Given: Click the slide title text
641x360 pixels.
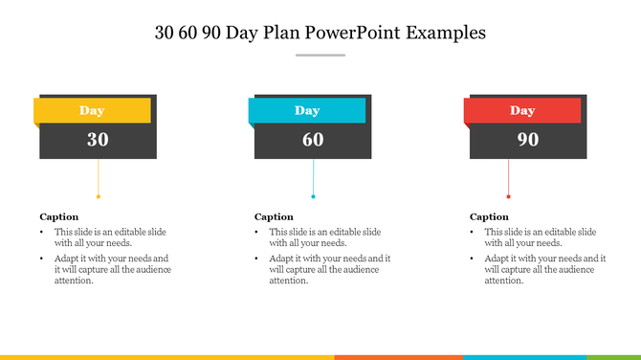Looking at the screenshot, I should pos(320,33).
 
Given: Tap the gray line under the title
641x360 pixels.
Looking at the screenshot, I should pos(320,56).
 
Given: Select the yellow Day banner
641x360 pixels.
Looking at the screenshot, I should pos(93,110).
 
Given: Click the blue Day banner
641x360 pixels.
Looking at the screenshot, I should pos(307,110).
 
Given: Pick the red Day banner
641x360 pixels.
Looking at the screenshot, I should pos(522,110).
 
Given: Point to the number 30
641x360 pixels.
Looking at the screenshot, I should pos(98,140).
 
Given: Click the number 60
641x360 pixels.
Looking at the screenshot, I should pos(313,140).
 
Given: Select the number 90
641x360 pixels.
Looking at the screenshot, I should pos(528,140).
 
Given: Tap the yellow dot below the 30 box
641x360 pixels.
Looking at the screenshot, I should pos(98,196).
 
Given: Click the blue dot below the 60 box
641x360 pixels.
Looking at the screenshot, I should pos(313,196).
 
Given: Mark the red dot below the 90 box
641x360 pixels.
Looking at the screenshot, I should pos(508,196).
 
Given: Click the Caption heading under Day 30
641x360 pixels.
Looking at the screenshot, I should pos(59,216).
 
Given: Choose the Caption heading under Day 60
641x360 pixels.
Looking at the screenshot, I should pos(274,216).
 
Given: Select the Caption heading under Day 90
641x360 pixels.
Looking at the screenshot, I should pos(489,216).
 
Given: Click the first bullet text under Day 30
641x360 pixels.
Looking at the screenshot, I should pos(110,237).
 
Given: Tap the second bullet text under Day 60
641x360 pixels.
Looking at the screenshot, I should pos(328,269).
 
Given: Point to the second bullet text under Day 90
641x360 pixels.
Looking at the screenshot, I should pos(543,269).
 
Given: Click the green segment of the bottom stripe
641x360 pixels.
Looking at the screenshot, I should pos(613,357).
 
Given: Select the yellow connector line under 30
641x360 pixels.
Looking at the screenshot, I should pos(98,177).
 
